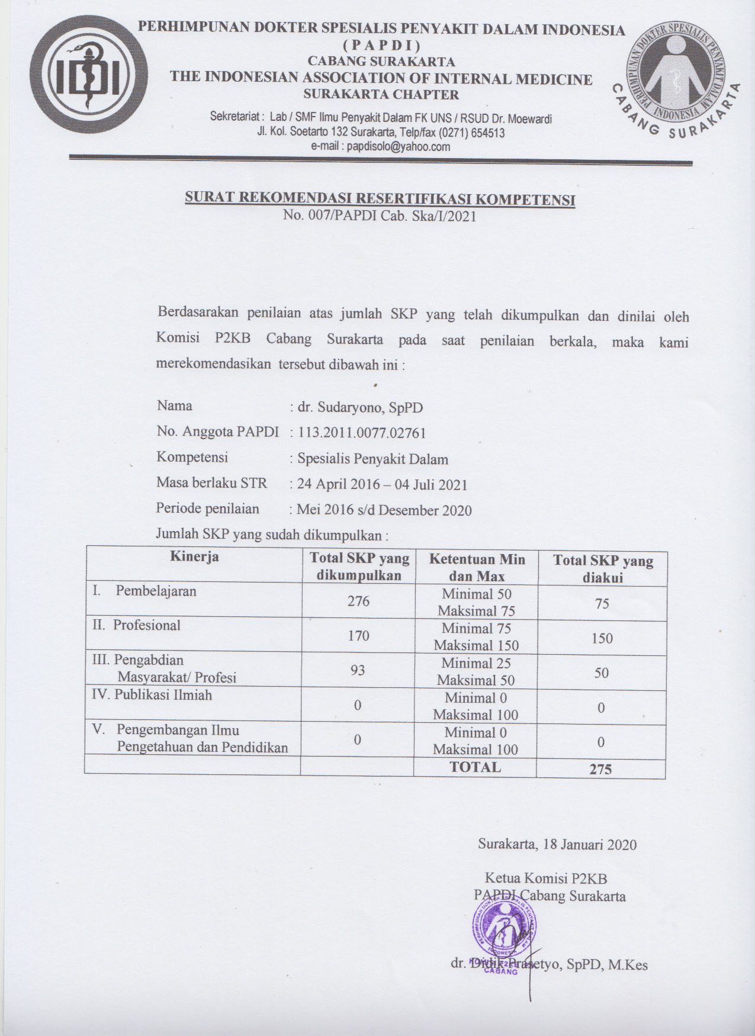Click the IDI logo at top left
(88, 75)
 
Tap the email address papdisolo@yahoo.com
(399, 146)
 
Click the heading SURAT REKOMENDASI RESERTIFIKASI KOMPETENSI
(380, 198)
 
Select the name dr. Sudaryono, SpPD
(360, 407)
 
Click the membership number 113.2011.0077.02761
(362, 433)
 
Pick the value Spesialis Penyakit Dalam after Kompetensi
(372, 459)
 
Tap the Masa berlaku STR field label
(211, 483)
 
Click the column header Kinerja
(194, 556)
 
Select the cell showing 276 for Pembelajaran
(358, 601)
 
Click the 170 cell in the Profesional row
(358, 636)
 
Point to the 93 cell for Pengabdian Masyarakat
(358, 670)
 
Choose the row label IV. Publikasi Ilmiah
(152, 695)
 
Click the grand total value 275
(600, 769)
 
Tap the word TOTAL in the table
(475, 767)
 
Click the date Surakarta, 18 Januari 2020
(557, 844)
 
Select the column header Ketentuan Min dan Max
(477, 567)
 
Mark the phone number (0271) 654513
(470, 133)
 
